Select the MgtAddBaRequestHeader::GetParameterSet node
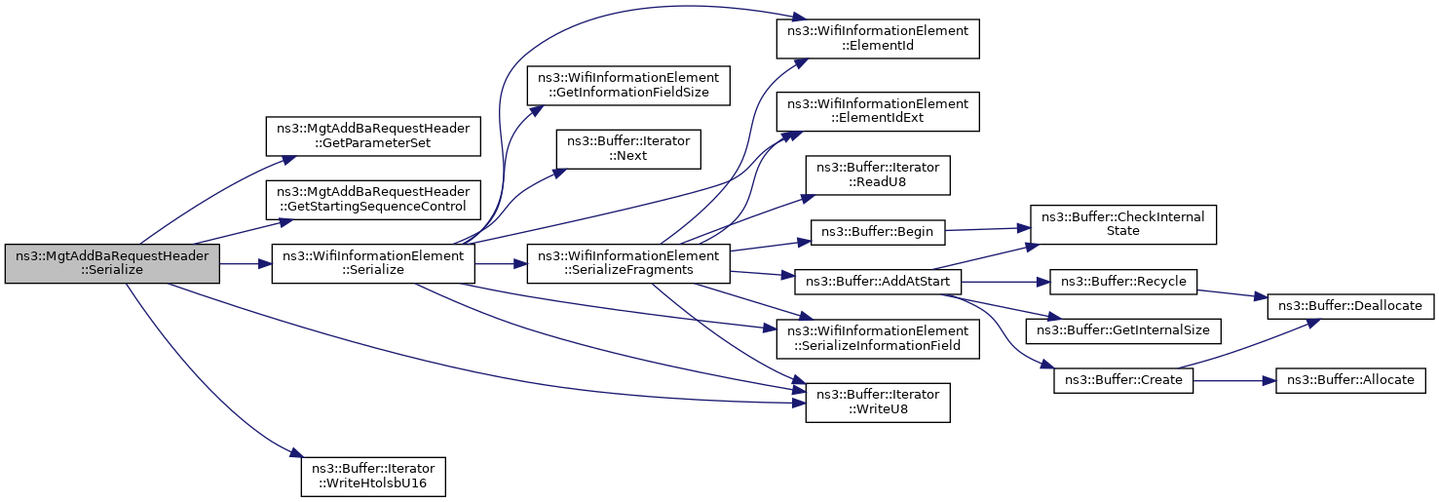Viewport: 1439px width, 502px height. pos(373,135)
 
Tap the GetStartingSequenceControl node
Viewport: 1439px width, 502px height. pos(373,199)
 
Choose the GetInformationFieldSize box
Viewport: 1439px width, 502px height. pos(628,86)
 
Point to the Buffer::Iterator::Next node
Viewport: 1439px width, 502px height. pos(628,148)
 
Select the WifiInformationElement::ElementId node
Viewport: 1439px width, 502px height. pos(877,38)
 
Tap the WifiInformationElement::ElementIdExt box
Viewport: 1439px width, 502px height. pos(877,111)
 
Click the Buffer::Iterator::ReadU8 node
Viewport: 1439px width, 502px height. pos(877,174)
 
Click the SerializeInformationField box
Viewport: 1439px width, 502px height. pos(877,337)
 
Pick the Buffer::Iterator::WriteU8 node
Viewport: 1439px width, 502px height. pos(877,403)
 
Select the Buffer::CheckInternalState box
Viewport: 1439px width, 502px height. pos(1123,225)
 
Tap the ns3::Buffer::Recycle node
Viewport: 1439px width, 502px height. pos(1123,282)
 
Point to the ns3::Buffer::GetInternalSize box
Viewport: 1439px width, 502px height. pos(1123,330)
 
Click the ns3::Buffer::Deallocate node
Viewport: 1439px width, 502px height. pos(1349,305)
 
